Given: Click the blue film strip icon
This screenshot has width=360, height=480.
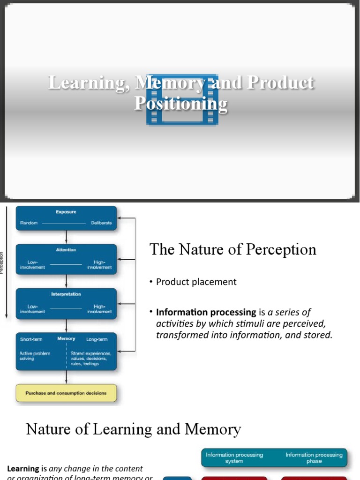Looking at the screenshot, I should [182, 99].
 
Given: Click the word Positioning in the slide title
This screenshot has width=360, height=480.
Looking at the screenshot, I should [181, 103].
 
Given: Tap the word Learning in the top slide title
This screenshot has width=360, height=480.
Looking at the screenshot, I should [89, 82].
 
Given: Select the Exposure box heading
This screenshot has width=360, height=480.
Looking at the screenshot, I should [66, 212].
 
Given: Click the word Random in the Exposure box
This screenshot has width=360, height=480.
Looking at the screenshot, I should [29, 223].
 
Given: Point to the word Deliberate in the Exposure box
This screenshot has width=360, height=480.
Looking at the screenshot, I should [101, 223].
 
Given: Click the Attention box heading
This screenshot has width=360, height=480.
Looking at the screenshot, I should [66, 250].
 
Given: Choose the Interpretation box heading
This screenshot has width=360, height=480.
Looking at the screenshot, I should [66, 294].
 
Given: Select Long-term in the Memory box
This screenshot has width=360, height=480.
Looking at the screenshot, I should [97, 339].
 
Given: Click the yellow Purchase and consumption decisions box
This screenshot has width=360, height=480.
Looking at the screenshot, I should [66, 393].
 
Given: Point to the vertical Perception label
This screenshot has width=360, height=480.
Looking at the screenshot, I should [2, 263].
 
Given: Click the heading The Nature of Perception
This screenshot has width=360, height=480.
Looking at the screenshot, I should [232, 249].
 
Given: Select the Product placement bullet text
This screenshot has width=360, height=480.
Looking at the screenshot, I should [196, 282].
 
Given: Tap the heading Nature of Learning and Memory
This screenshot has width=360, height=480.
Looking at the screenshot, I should [133, 429].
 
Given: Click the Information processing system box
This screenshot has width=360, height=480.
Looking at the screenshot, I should [234, 458].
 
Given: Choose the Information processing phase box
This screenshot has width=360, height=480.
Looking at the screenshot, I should [314, 458].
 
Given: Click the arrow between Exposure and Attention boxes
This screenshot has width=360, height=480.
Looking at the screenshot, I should [66, 237].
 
